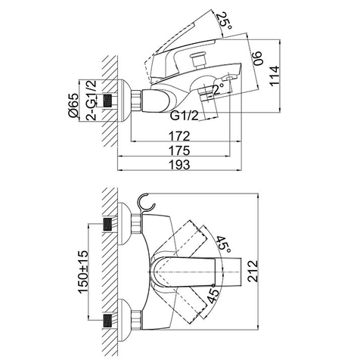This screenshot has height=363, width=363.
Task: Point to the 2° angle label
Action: click(x=219, y=89)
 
